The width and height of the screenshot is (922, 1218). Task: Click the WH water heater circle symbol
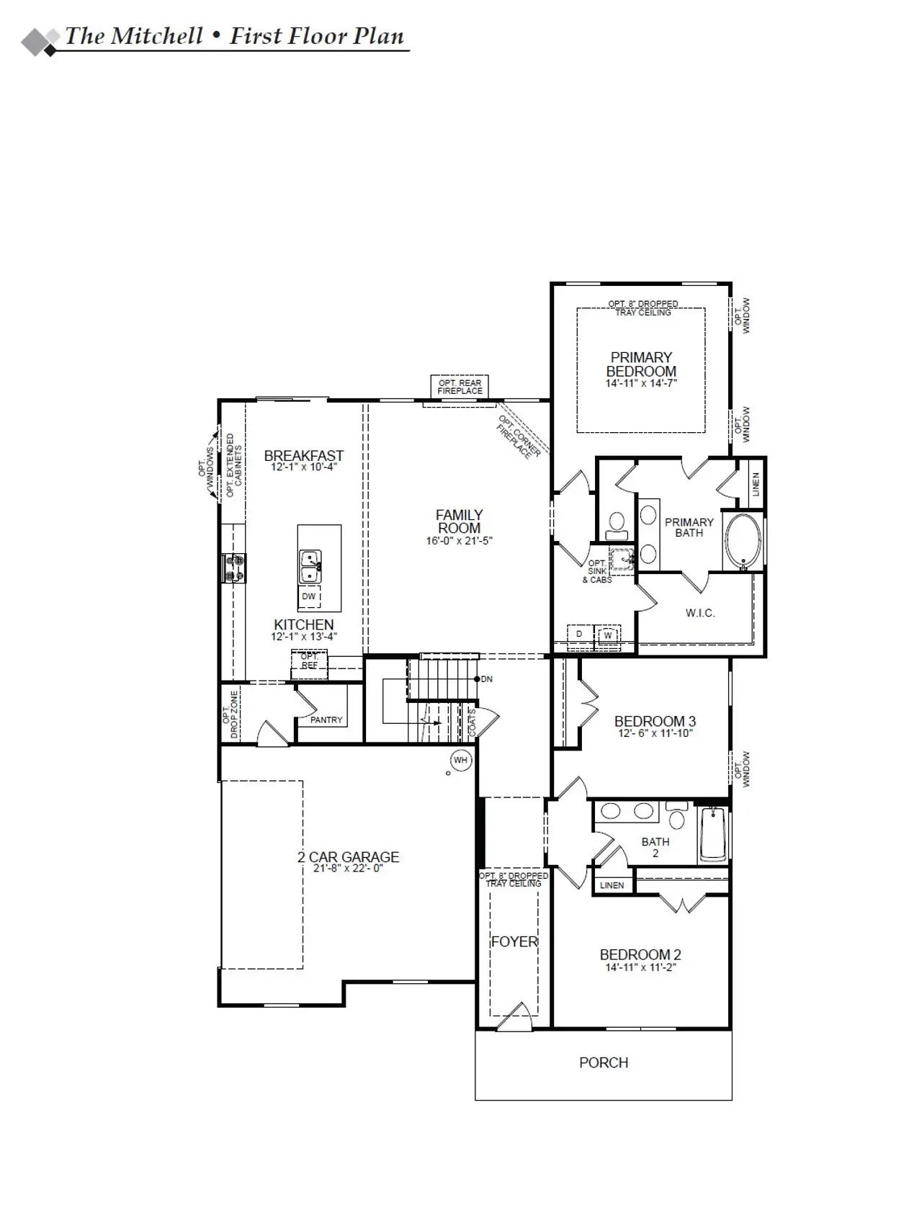tap(460, 760)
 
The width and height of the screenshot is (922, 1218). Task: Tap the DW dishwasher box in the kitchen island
tap(309, 597)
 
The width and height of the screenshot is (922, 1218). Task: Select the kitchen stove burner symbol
tap(234, 567)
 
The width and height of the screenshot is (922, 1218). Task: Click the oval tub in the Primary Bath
tap(743, 541)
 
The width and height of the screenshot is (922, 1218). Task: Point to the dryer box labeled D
tap(579, 635)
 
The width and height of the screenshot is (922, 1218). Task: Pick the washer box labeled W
tap(608, 635)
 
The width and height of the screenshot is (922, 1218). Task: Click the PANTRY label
tap(326, 720)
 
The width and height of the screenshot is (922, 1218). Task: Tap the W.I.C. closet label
tap(699, 613)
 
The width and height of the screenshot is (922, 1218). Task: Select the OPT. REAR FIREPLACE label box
tap(460, 387)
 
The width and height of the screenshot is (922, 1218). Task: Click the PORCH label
tap(604, 1062)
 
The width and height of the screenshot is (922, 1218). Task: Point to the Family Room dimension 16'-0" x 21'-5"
tap(459, 540)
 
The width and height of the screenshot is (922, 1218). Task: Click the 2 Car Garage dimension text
tap(348, 869)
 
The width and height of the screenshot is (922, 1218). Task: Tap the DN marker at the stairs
tap(486, 679)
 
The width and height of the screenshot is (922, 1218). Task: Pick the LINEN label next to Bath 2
tap(612, 885)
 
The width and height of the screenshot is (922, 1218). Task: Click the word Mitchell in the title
tap(155, 37)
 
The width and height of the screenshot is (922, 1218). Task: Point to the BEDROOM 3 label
tap(655, 721)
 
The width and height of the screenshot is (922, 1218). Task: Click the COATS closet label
tap(473, 722)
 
